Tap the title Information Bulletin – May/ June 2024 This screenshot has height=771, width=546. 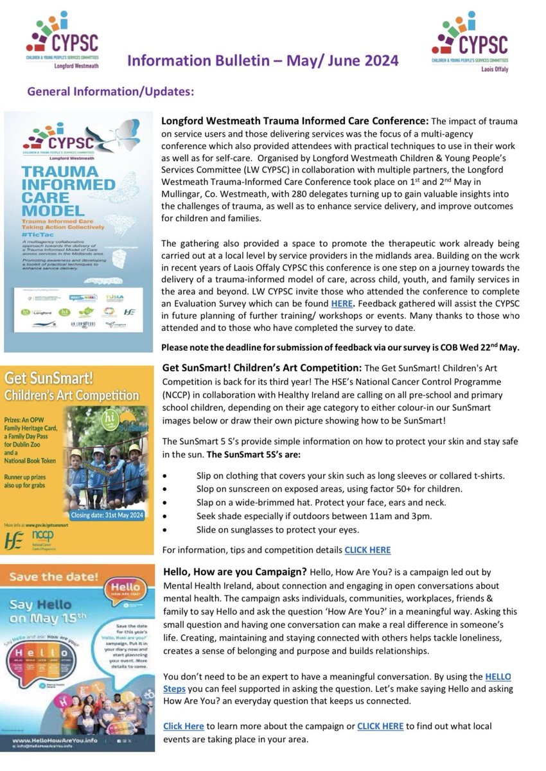tap(262, 61)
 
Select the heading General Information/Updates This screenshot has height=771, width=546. tap(110, 92)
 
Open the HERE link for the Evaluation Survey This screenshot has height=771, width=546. tap(342, 303)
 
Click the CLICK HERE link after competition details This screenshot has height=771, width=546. tap(367, 550)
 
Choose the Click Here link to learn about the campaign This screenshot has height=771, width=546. tap(184, 726)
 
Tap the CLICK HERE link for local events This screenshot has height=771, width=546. tap(380, 726)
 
